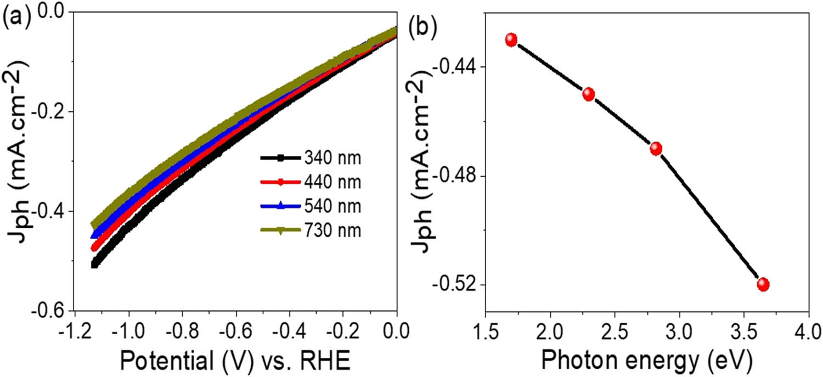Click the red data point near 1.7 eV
tap(511, 40)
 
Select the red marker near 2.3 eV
tap(589, 94)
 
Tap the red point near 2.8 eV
tap(656, 149)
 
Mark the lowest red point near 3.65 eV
tap(763, 284)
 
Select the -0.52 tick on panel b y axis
tap(453, 285)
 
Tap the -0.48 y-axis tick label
tap(453, 176)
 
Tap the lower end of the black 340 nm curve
tap(94, 264)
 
